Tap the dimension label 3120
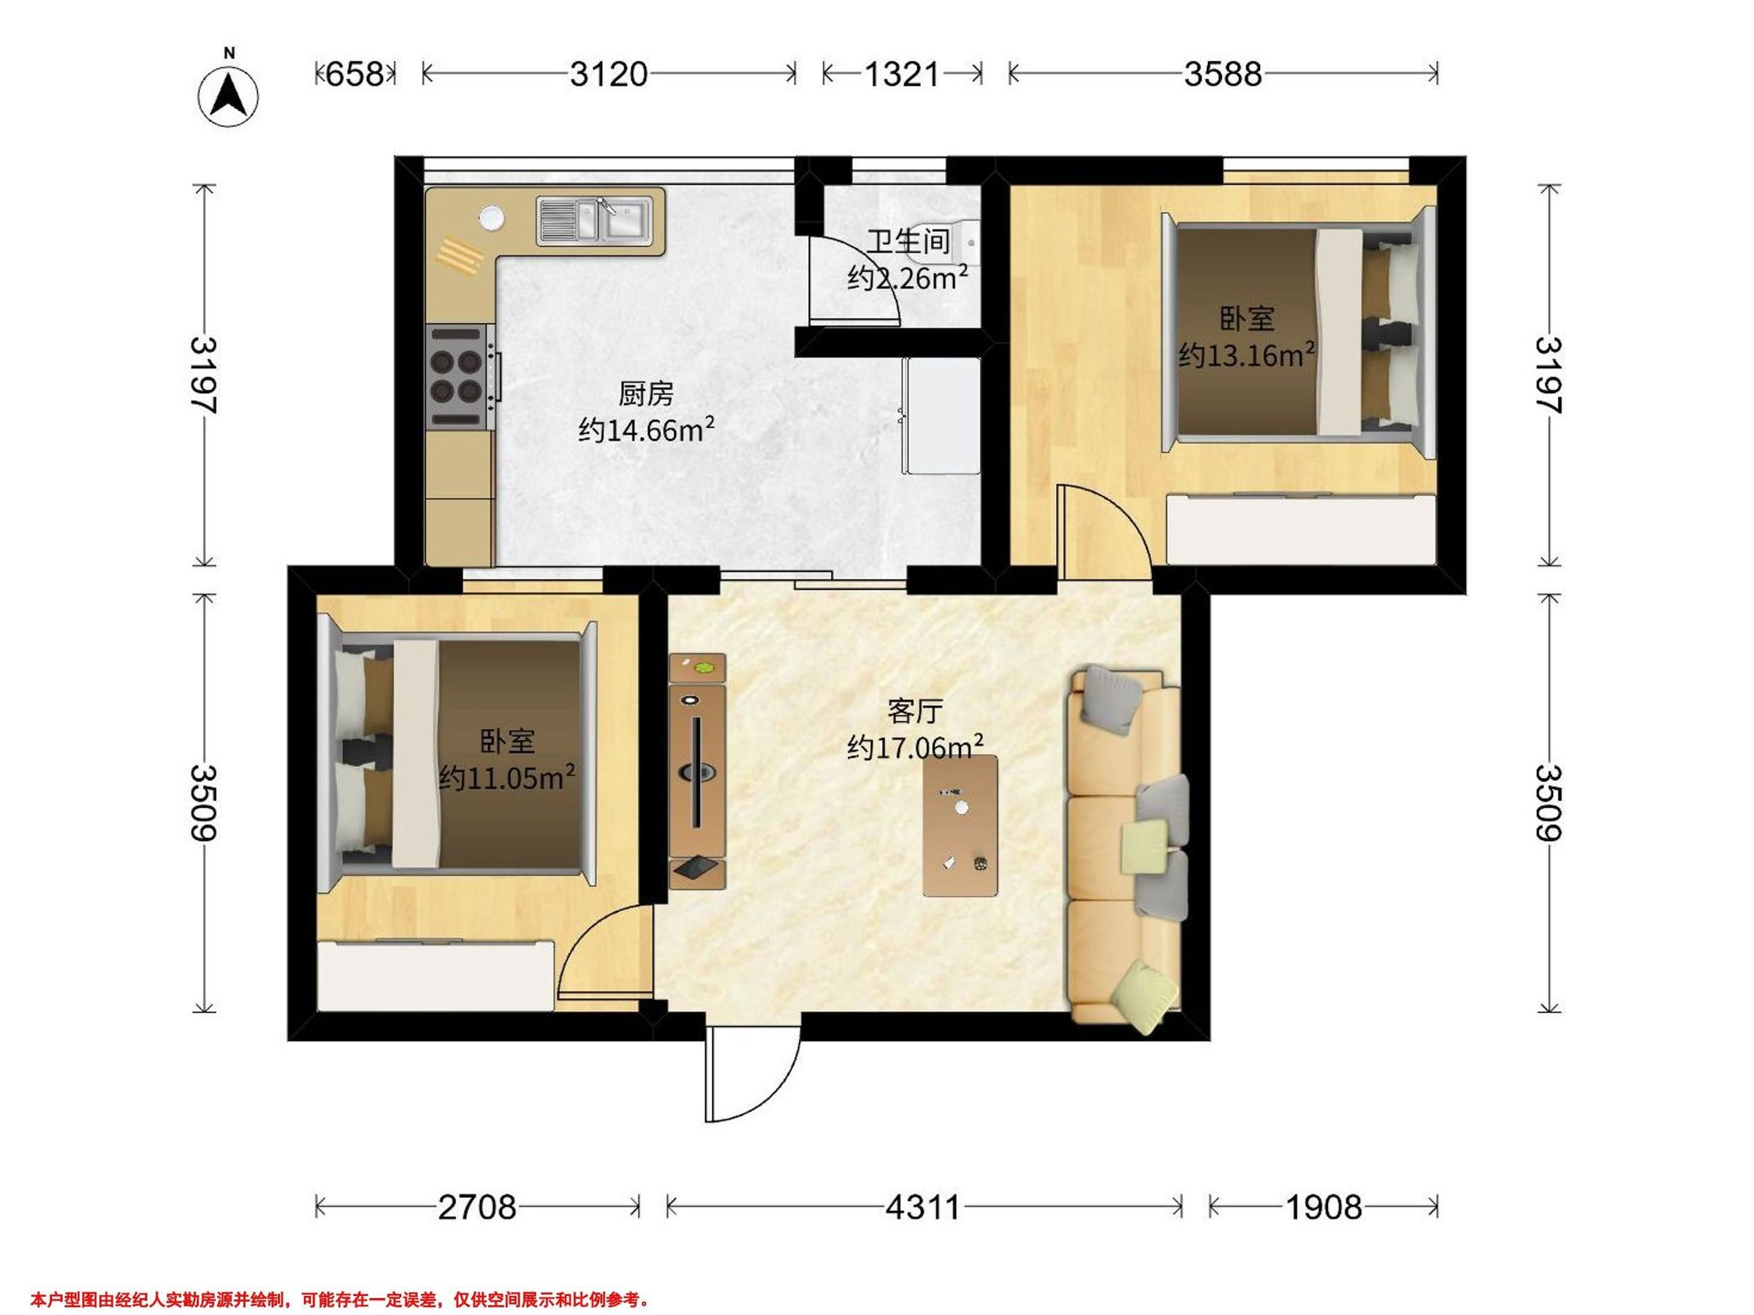click(x=609, y=75)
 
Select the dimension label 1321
click(x=902, y=75)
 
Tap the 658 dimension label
click(x=355, y=75)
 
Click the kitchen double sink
click(x=595, y=220)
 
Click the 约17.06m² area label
click(x=916, y=747)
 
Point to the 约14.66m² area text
click(x=647, y=429)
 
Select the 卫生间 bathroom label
click(x=908, y=241)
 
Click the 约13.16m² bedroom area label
click(x=1248, y=354)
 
